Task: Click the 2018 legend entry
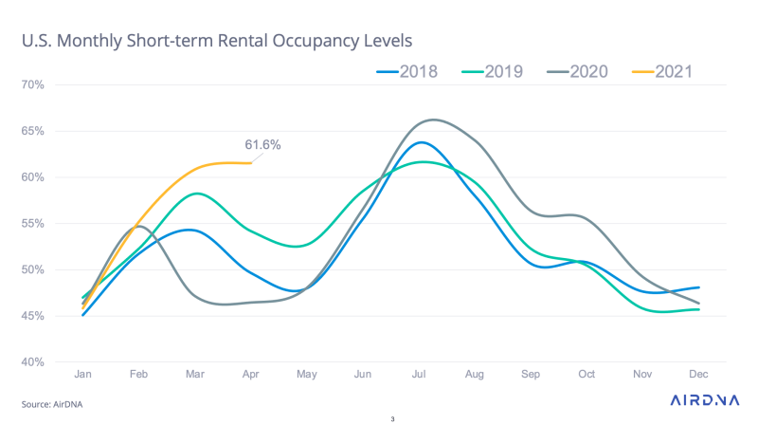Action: pyautogui.click(x=406, y=71)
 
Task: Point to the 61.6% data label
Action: pyautogui.click(x=262, y=145)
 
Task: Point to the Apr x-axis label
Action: pyautogui.click(x=251, y=376)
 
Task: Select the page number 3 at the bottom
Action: pyautogui.click(x=392, y=418)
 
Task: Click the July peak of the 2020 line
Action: pyautogui.click(x=433, y=120)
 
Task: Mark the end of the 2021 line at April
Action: pyautogui.click(x=251, y=163)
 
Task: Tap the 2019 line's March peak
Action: pyautogui.click(x=196, y=194)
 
